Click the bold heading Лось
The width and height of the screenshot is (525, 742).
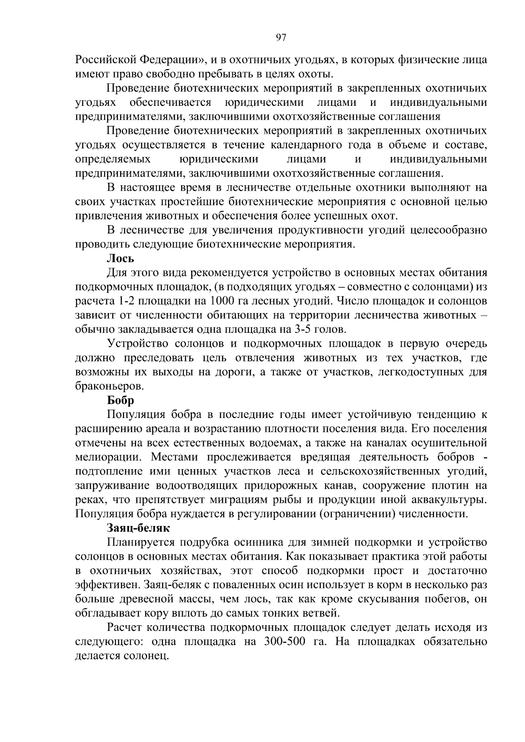tap(121, 259)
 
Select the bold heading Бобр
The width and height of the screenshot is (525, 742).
tap(121, 401)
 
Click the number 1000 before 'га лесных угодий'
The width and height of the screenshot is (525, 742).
tap(224, 301)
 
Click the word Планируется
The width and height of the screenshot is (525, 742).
tap(138, 543)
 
